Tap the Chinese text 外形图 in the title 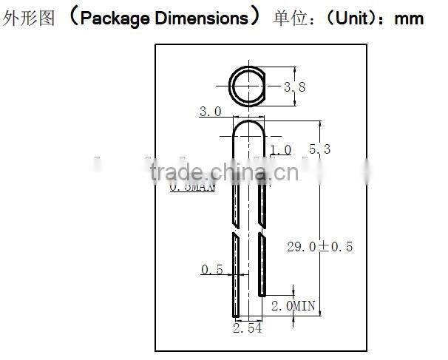[29, 18]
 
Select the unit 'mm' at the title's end [409, 18]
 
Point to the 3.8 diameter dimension [295, 87]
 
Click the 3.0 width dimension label [210, 112]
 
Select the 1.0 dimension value [281, 150]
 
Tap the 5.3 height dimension [319, 149]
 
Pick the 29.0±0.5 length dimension [319, 246]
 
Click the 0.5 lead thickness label [212, 270]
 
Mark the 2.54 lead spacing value [247, 328]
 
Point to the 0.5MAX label [191, 188]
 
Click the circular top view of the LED [248, 86]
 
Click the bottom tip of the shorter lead [262, 294]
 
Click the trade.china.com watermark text [223, 173]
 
